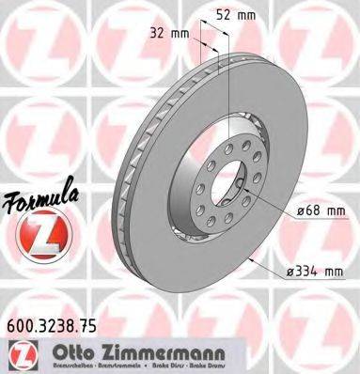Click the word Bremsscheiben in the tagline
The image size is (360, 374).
(61, 366)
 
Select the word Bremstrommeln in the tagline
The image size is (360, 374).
(111, 366)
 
